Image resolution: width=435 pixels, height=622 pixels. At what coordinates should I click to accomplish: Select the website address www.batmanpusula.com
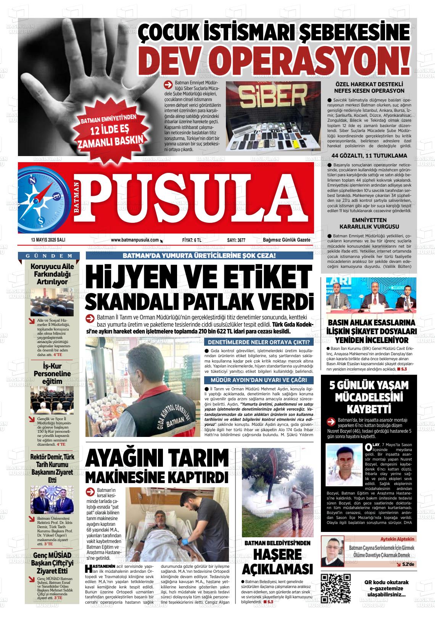click(135, 240)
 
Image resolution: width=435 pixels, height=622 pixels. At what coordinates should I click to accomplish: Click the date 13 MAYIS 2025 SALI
click(48, 240)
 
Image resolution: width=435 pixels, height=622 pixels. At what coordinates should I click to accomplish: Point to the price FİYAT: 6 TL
click(192, 240)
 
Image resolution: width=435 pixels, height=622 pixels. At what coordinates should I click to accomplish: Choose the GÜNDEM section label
click(49, 256)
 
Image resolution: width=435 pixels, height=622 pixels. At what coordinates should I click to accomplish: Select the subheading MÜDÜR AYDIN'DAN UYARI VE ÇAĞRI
click(258, 380)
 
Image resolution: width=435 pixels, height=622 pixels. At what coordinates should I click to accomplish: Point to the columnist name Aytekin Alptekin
click(398, 539)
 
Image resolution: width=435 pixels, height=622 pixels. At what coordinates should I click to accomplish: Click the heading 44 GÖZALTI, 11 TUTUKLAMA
click(369, 156)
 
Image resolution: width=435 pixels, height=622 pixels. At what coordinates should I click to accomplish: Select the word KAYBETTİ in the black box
click(369, 409)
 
